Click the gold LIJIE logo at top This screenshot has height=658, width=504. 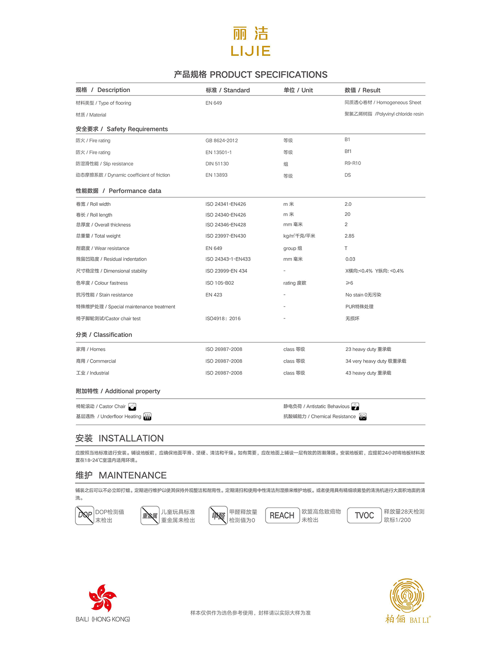tap(251, 42)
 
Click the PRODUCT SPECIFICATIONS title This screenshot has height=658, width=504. tap(251, 75)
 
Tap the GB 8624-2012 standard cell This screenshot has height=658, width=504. tap(222, 141)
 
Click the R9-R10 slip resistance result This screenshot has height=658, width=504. tap(353, 163)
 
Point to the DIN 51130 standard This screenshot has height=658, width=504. tap(217, 164)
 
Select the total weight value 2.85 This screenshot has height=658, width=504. tap(349, 236)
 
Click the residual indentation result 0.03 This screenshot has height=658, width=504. tap(350, 259)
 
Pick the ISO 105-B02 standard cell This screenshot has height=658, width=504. tap(220, 283)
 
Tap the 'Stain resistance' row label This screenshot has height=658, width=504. tap(104, 295)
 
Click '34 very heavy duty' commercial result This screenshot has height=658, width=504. tap(376, 361)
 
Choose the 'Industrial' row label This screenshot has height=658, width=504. tap(92, 373)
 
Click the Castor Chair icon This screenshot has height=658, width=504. tap(132, 407)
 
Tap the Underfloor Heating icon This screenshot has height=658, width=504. tap(147, 417)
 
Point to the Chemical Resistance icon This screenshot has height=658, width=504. tap(363, 417)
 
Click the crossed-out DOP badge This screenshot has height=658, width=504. tap(85, 515)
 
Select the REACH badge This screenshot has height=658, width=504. tap(282, 515)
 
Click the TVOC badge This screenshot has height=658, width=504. tap(364, 515)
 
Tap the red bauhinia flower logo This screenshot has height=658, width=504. tap(103, 597)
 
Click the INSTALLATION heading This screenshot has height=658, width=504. tap(120, 438)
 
